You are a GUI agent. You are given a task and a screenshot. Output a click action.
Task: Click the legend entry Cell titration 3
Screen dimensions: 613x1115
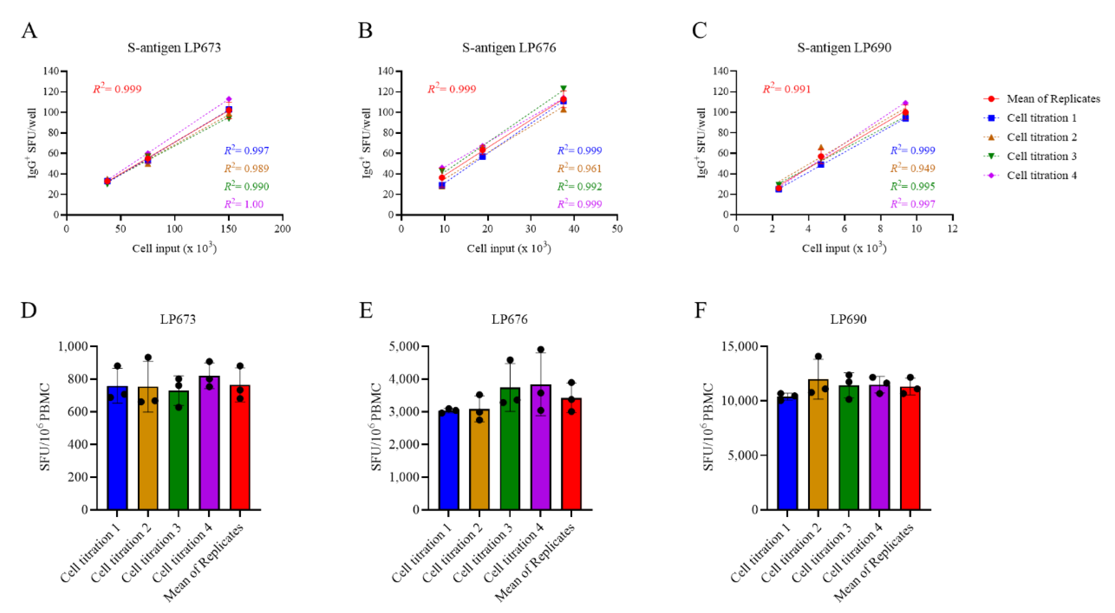(1041, 156)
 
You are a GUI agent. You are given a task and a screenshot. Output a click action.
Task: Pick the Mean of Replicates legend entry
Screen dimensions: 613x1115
(1053, 99)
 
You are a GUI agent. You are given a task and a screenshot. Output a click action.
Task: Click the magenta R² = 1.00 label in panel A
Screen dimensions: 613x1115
(244, 204)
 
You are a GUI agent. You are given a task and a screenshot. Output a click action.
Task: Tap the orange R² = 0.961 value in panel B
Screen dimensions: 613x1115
(579, 168)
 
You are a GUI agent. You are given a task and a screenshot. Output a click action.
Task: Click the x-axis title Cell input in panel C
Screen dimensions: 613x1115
(844, 248)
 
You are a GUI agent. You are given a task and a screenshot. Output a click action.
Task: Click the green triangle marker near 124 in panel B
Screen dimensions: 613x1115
(563, 88)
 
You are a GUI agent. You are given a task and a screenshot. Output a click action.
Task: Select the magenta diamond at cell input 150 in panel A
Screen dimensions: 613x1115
(228, 100)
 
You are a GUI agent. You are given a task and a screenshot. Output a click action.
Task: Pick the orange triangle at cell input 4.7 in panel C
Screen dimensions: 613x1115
(821, 148)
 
